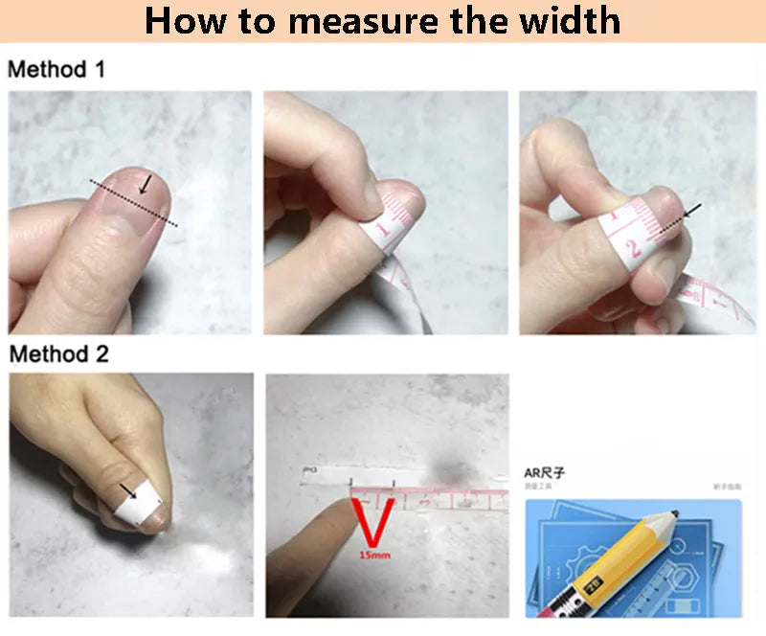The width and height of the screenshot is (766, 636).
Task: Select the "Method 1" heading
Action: point(56,70)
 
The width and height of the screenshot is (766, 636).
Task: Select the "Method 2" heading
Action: point(58,353)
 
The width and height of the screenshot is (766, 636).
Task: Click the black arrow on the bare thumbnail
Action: point(145,183)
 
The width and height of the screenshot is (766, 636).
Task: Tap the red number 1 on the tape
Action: point(380,231)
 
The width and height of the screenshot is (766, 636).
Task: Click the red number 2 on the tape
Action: point(633,251)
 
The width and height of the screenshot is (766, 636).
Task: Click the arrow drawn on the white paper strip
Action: point(127,495)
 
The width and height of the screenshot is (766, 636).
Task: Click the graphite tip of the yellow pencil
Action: point(676,517)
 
